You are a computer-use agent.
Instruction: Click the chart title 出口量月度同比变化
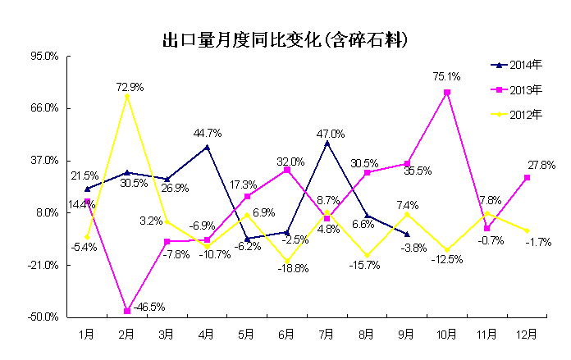point(285,39)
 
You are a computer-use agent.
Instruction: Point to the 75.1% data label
point(446,76)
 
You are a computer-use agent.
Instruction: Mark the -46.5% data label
point(148,308)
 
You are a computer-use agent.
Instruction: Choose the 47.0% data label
point(331,134)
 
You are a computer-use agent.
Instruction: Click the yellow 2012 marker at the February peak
point(126,96)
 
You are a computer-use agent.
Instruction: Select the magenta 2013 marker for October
point(447,93)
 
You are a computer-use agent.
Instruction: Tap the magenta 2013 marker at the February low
point(127,311)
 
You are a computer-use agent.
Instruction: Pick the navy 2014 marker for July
point(327,143)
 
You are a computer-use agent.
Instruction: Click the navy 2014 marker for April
point(207,147)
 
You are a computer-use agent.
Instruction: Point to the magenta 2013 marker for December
point(527,177)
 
